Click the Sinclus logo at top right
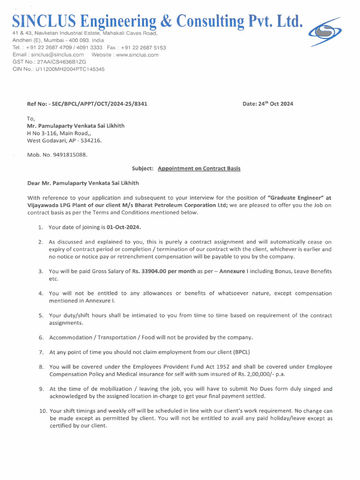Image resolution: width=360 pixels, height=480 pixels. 324,31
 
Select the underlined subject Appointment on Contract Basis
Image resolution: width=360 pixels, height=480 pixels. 199,168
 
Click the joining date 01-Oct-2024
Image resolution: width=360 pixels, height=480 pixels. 124,227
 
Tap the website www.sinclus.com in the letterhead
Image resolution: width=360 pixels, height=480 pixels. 137,54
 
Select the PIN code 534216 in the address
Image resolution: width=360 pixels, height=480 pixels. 92,140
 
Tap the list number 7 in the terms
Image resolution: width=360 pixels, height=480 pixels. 41,352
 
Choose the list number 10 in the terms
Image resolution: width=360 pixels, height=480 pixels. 43,411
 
